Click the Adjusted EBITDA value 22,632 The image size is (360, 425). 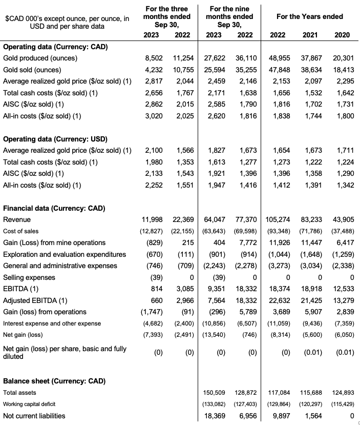(x=279, y=300)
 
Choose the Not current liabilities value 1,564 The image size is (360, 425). (x=314, y=416)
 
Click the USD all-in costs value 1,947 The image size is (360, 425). (x=217, y=185)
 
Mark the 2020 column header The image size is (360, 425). (x=343, y=35)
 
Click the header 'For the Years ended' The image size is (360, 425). (x=309, y=16)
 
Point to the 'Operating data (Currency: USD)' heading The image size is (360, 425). (x=55, y=139)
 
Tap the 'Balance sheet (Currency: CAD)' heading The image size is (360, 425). (x=54, y=381)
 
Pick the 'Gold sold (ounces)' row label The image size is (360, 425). (x=32, y=70)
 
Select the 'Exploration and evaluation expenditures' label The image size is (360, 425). (x=65, y=254)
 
